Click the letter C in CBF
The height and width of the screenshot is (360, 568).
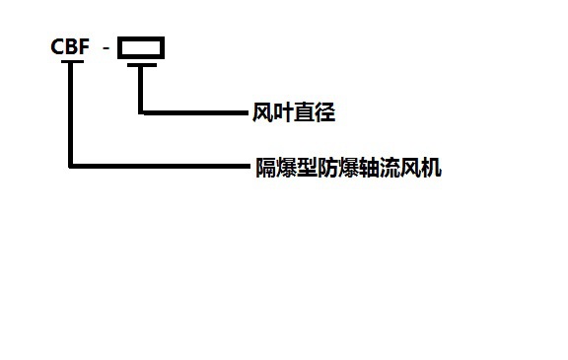(57, 46)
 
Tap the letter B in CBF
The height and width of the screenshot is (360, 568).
(71, 46)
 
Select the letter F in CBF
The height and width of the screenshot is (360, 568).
(84, 46)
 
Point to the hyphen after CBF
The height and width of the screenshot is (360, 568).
(106, 47)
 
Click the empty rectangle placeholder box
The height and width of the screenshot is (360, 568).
(141, 47)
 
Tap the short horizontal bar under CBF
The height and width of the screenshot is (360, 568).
(72, 63)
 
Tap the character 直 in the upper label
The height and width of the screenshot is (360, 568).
(305, 113)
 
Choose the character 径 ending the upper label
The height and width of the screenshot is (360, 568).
(325, 113)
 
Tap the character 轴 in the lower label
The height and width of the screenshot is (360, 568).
(370, 168)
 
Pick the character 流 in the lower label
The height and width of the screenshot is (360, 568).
(390, 168)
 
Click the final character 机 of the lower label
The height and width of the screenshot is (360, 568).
(432, 168)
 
